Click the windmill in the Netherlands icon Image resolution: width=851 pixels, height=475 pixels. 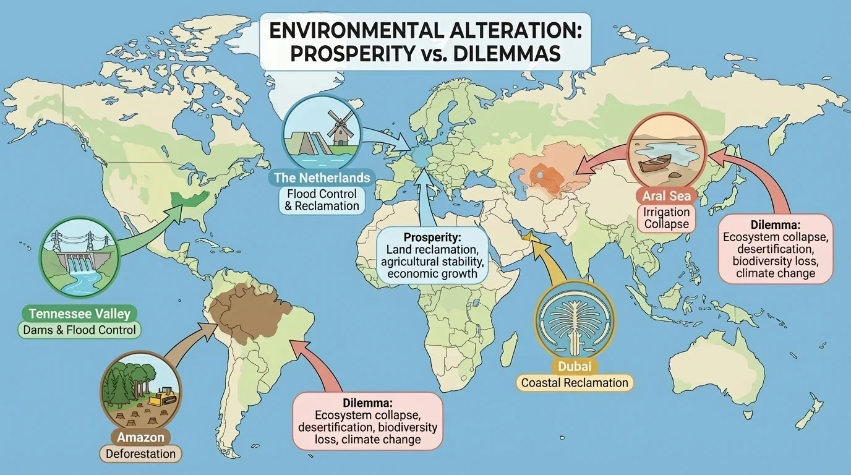340,127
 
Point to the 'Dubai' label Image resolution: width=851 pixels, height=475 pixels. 575,366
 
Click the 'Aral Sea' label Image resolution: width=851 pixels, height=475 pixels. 667,197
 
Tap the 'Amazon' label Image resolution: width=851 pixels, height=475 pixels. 140,437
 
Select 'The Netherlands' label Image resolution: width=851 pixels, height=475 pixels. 322,178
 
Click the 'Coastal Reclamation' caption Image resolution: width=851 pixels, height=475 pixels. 575,383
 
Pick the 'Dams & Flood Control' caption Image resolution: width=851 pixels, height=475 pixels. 79,330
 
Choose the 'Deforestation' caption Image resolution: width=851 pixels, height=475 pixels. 140,454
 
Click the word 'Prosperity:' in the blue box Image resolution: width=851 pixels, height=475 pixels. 432,237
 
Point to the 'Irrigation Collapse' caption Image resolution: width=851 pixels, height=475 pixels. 666,218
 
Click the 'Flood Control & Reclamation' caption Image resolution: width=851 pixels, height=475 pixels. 322,200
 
